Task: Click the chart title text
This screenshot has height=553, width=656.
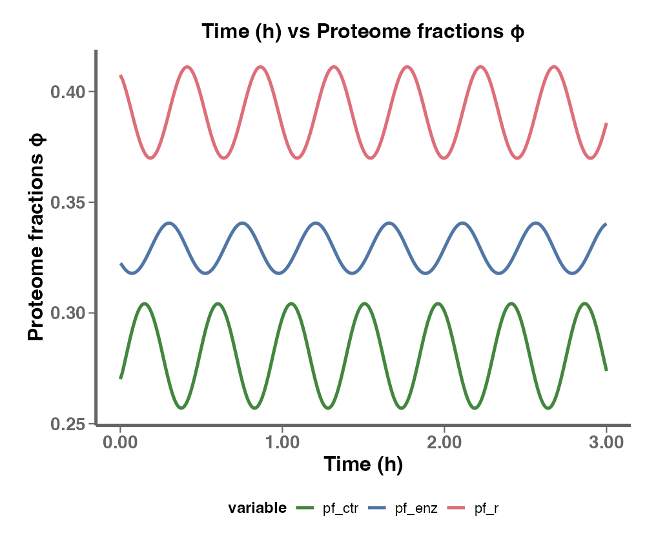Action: tap(363, 32)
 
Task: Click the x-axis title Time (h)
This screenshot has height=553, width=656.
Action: tap(363, 464)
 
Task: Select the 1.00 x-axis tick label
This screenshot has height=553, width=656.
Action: tap(282, 443)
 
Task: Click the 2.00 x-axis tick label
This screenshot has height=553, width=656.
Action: tap(444, 443)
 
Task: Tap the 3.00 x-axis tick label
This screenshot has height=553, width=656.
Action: tap(606, 443)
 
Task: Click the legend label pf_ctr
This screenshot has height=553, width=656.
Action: tap(340, 509)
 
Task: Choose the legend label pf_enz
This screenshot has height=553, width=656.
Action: tap(416, 509)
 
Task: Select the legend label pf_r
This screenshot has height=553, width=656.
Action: tap(486, 509)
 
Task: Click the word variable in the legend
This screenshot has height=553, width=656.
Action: tap(257, 509)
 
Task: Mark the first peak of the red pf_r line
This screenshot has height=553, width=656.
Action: tap(187, 67)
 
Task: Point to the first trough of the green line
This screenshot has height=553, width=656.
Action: tap(182, 408)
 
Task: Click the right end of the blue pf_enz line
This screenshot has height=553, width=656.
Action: tap(606, 224)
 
